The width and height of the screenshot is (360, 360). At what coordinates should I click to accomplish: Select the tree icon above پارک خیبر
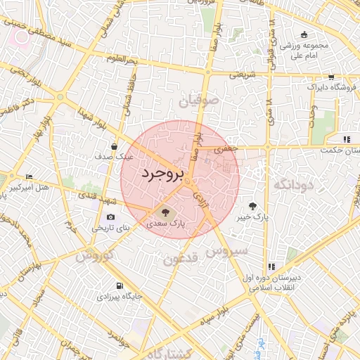(x=252, y=206)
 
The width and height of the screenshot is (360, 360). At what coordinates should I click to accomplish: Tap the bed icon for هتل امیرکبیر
(x=29, y=176)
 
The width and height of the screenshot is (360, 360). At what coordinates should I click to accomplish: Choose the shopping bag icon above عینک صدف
(x=115, y=146)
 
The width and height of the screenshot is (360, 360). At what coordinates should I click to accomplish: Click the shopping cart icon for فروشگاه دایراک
(x=330, y=78)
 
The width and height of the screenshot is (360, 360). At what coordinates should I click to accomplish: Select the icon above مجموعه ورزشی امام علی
(x=304, y=34)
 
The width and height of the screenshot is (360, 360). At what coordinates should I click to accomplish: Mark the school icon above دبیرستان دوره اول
(x=271, y=266)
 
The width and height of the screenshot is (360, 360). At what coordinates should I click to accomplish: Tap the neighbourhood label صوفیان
(x=199, y=101)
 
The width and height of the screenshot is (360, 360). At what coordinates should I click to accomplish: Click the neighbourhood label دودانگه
(x=292, y=184)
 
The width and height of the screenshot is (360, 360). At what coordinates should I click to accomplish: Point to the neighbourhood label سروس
(x=227, y=250)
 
